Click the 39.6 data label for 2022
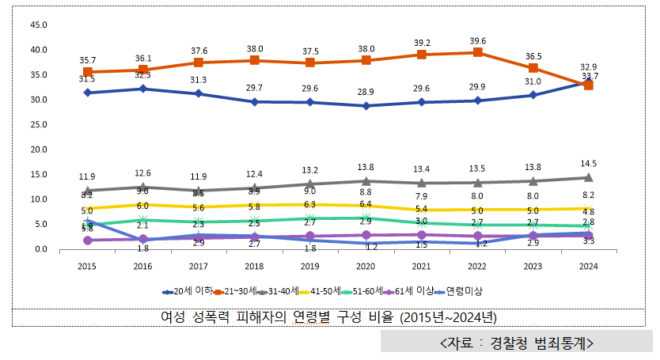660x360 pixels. click(x=477, y=40)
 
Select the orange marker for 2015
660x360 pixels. click(x=88, y=72)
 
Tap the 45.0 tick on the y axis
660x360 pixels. click(x=38, y=25)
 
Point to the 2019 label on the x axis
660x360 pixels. click(x=310, y=267)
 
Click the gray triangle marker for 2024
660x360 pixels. click(x=589, y=177)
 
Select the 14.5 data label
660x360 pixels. click(x=589, y=163)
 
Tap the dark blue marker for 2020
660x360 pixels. click(x=366, y=106)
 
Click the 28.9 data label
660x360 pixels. click(x=366, y=93)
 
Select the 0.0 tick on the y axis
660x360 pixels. click(x=38, y=249)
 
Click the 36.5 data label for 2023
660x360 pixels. click(x=533, y=56)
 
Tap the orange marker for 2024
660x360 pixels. click(x=589, y=85)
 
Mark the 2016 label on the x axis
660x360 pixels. click(x=143, y=267)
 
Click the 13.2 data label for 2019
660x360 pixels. click(x=310, y=170)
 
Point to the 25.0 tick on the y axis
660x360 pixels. click(x=38, y=125)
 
